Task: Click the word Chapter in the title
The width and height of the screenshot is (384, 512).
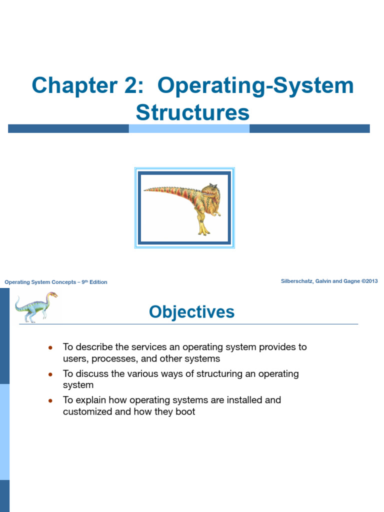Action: pos(68,85)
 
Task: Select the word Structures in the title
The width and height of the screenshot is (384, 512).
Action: pos(192,112)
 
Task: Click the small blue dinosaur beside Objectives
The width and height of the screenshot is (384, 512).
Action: pos(35,306)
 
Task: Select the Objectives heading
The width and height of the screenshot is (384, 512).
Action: pos(191,312)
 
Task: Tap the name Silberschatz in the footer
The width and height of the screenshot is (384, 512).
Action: pos(298,281)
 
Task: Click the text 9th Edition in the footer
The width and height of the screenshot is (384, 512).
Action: pos(94,282)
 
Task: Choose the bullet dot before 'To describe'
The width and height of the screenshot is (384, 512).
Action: pos(50,347)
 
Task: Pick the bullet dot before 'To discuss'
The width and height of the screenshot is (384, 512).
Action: pos(50,374)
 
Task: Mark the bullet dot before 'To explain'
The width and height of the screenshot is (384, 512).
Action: pos(50,400)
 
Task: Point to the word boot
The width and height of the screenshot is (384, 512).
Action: pos(185,412)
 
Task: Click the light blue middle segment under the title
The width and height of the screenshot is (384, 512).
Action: pos(189,128)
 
